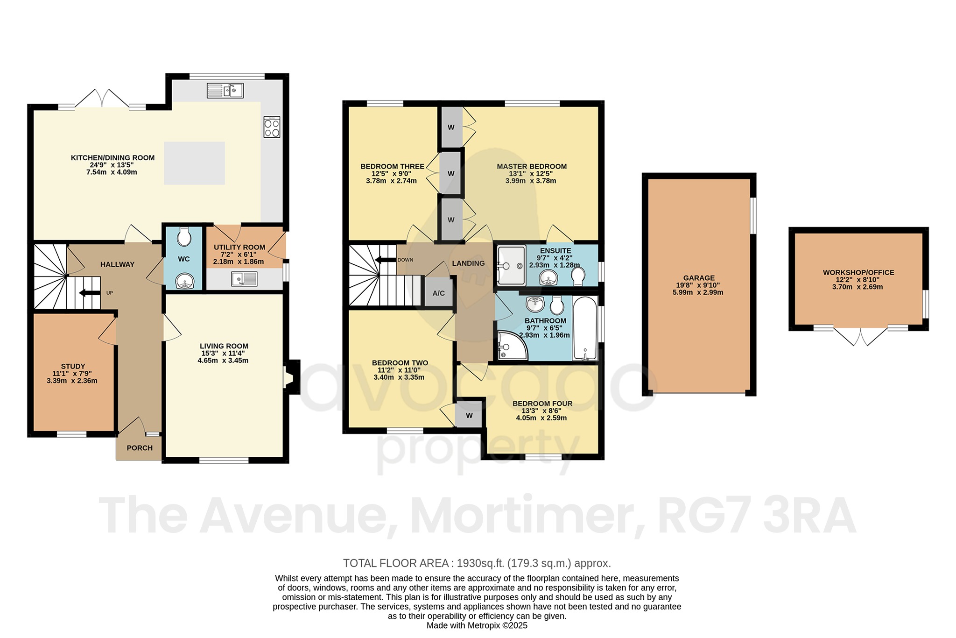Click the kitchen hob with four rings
click(x=272, y=127)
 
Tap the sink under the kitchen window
click(x=225, y=90)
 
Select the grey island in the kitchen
click(x=194, y=163)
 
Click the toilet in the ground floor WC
click(x=184, y=237)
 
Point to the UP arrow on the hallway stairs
click(x=90, y=293)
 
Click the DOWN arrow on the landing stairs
click(x=386, y=260)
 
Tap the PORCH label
click(x=140, y=448)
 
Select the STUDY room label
click(x=73, y=366)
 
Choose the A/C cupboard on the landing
click(x=438, y=293)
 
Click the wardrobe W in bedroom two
click(x=469, y=415)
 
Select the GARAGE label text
click(x=698, y=278)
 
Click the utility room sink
click(x=244, y=279)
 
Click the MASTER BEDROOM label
click(x=531, y=166)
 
